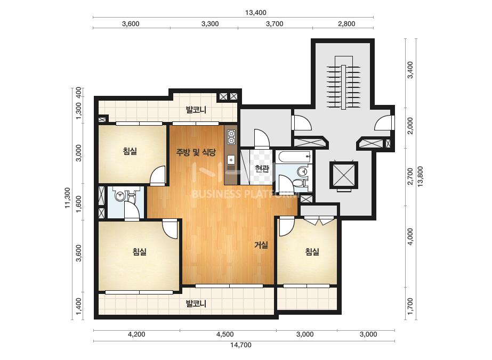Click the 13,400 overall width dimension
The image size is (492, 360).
click(x=255, y=13)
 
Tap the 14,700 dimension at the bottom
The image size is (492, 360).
click(x=240, y=345)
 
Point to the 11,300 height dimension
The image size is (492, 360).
click(x=68, y=198)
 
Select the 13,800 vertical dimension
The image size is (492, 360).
click(x=421, y=176)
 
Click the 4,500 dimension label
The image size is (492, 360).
click(x=225, y=334)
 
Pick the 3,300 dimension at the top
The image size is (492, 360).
click(x=210, y=24)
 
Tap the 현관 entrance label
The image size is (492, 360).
click(x=262, y=169)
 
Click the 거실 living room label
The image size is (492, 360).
click(x=261, y=245)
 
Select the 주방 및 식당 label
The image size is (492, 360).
click(x=196, y=153)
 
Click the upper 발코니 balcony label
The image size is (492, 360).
click(x=196, y=110)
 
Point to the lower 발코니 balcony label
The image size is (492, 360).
click(x=196, y=304)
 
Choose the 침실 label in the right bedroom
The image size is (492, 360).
click(x=312, y=251)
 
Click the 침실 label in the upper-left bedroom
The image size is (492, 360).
click(x=130, y=152)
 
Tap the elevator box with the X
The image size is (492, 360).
click(x=344, y=175)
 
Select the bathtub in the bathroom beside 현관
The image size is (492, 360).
click(x=294, y=157)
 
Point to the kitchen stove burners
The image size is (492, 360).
click(x=231, y=137)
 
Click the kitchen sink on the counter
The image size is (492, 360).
click(x=231, y=160)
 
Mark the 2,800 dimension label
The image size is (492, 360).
click(x=346, y=24)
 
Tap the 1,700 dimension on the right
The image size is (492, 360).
click(x=410, y=307)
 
